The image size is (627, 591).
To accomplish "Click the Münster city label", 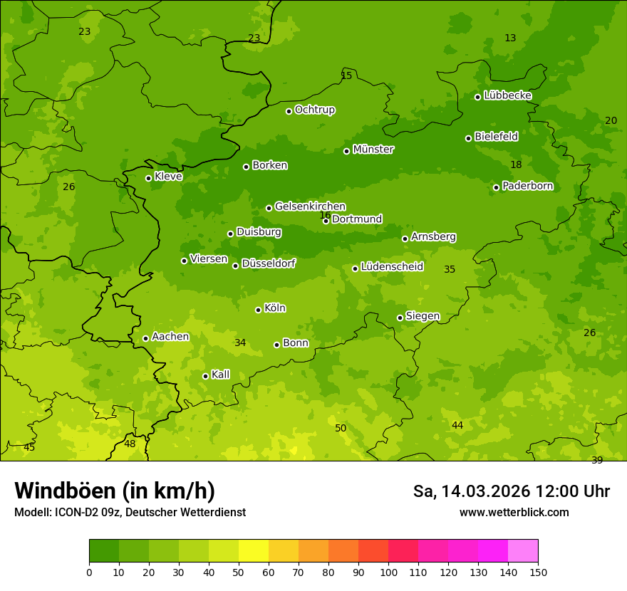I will click(373, 150).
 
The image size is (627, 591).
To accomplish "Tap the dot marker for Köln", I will click(258, 310).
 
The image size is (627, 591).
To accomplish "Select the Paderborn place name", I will click(527, 186).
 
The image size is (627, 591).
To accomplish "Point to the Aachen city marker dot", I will click(145, 338).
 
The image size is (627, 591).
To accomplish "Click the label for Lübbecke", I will click(507, 95).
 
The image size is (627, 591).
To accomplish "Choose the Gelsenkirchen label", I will click(310, 206).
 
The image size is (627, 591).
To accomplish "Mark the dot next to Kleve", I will click(148, 178).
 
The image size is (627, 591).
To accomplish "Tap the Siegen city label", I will click(423, 316).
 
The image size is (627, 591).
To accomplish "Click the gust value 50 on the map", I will click(341, 428).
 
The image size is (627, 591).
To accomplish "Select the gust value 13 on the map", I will click(510, 38).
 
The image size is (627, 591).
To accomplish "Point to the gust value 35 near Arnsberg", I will click(450, 269).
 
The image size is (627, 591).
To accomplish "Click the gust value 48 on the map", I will click(130, 444).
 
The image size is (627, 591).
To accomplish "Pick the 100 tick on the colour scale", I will click(388, 572).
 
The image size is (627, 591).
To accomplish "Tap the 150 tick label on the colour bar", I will click(538, 572).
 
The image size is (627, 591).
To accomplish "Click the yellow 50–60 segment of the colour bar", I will click(254, 551).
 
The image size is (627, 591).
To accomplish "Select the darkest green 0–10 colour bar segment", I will click(104, 551).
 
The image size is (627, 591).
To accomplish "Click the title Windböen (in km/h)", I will click(115, 491).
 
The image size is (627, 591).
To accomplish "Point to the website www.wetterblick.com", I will click(514, 512).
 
